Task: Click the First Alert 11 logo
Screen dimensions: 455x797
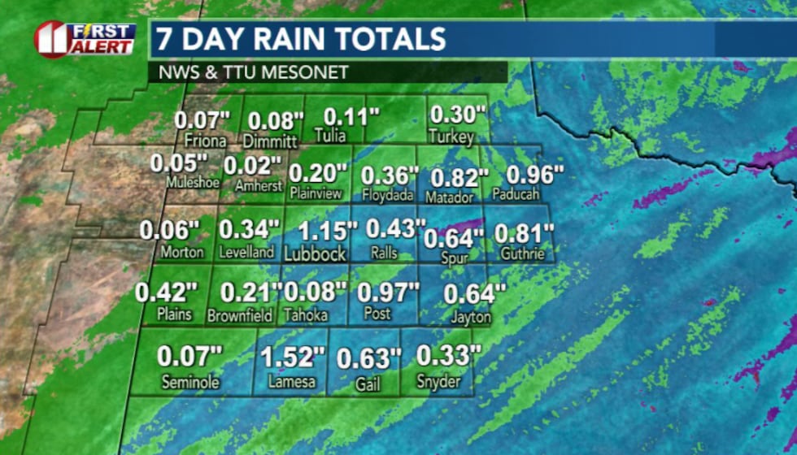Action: click(x=85, y=39)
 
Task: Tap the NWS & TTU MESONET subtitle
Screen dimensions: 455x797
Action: click(x=253, y=72)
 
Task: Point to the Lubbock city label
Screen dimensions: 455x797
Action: click(x=315, y=254)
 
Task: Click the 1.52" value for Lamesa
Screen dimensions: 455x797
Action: click(x=292, y=356)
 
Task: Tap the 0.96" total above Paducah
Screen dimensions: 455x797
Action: click(x=535, y=175)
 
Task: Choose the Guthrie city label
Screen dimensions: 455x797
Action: click(x=523, y=254)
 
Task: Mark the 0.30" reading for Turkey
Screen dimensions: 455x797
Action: click(x=458, y=115)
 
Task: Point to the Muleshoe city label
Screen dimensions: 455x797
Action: click(x=193, y=183)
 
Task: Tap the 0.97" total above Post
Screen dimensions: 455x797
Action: click(x=389, y=291)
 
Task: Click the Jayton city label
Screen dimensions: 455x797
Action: click(x=471, y=317)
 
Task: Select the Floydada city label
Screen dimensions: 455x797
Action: click(x=387, y=195)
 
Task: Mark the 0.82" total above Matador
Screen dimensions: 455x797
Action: click(x=459, y=177)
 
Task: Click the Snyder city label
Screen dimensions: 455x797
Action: click(x=438, y=381)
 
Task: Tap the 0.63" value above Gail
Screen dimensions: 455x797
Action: click(x=369, y=358)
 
